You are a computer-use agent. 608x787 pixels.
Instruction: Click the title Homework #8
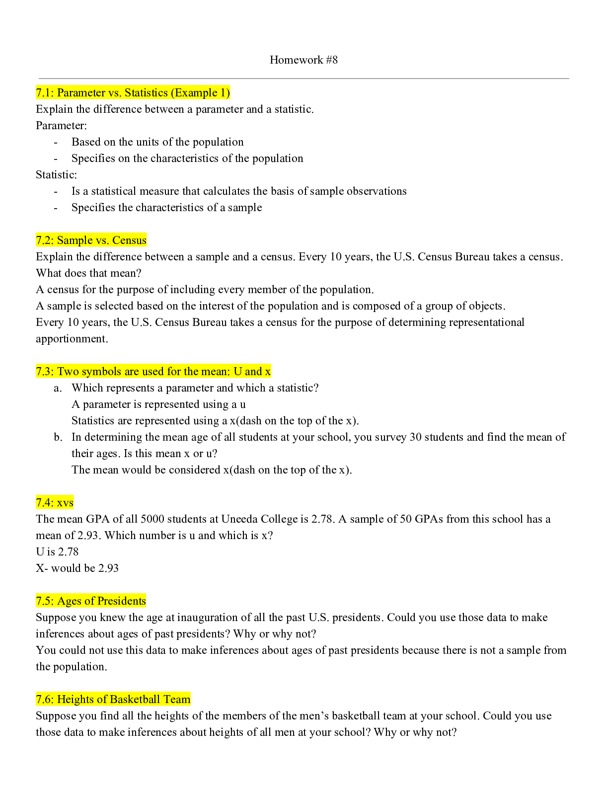point(304,60)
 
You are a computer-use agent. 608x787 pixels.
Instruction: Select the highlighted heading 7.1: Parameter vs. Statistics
point(133,93)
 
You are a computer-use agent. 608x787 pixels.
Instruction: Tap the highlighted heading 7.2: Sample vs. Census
point(91,240)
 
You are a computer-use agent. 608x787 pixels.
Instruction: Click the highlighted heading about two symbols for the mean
point(153,372)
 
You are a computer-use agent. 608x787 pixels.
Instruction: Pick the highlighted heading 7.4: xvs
point(55,503)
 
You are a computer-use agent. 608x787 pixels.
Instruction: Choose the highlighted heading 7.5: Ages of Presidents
point(91,601)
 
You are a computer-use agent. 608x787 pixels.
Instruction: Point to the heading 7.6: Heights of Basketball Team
point(113,700)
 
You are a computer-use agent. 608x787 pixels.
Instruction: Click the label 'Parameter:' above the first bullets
point(61,126)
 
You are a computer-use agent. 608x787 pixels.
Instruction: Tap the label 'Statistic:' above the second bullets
point(56,175)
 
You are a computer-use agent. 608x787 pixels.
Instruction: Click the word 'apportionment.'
point(72,339)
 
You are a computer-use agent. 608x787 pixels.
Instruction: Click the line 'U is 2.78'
point(57,552)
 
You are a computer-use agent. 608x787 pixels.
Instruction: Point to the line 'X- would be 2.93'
point(77,568)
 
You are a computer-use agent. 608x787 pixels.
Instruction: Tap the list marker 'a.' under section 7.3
point(58,388)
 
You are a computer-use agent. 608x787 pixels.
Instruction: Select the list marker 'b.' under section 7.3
point(58,437)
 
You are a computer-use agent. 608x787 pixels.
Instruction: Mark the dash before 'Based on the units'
point(56,142)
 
